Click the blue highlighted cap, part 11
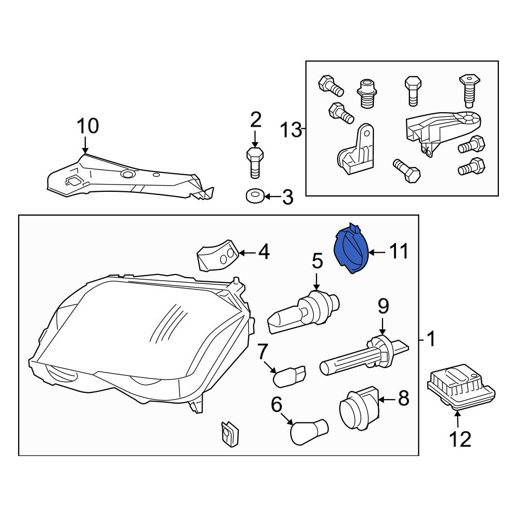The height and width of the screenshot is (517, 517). click(x=351, y=250)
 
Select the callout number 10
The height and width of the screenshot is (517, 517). click(x=88, y=126)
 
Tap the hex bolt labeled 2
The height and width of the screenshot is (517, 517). click(x=255, y=163)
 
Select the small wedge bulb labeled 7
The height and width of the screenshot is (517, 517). click(x=290, y=376)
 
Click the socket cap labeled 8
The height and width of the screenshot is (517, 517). click(x=359, y=408)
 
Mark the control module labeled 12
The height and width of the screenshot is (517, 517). click(x=461, y=387)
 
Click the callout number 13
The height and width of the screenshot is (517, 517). click(x=291, y=130)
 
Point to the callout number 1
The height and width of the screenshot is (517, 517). click(x=431, y=339)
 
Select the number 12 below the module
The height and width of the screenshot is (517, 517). click(x=460, y=439)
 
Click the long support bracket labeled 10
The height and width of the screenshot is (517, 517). click(x=131, y=176)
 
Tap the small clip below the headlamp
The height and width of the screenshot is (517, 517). click(x=230, y=433)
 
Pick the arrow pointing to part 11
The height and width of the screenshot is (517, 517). click(x=377, y=253)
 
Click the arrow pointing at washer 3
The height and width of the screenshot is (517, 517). click(x=272, y=197)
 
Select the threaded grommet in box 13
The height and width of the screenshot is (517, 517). click(x=367, y=93)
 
